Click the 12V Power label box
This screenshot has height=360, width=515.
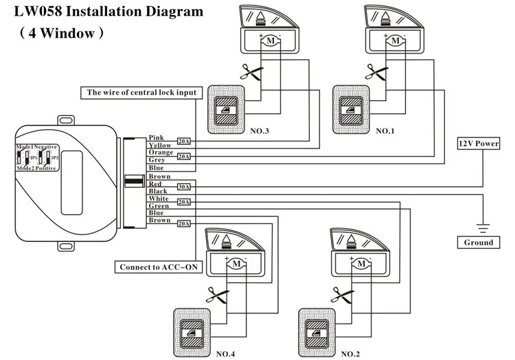478,144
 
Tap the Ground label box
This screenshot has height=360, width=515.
478,243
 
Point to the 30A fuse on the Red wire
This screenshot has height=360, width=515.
184,185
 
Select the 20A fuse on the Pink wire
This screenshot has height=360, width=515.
184,140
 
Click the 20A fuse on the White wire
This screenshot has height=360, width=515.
184,202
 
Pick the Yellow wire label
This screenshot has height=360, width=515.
160,146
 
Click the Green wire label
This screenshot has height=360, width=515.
159,206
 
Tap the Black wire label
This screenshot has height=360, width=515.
158,192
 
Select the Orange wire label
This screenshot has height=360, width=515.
161,153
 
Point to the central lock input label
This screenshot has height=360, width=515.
141,92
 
